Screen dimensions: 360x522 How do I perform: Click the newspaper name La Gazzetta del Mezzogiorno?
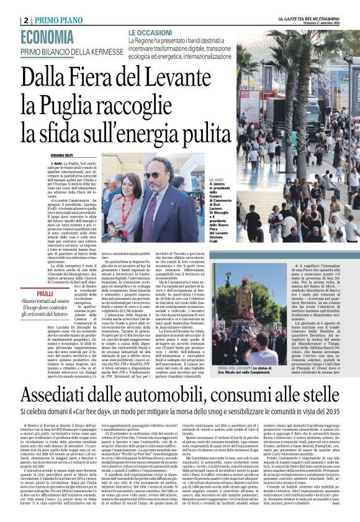(x=310, y=19)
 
